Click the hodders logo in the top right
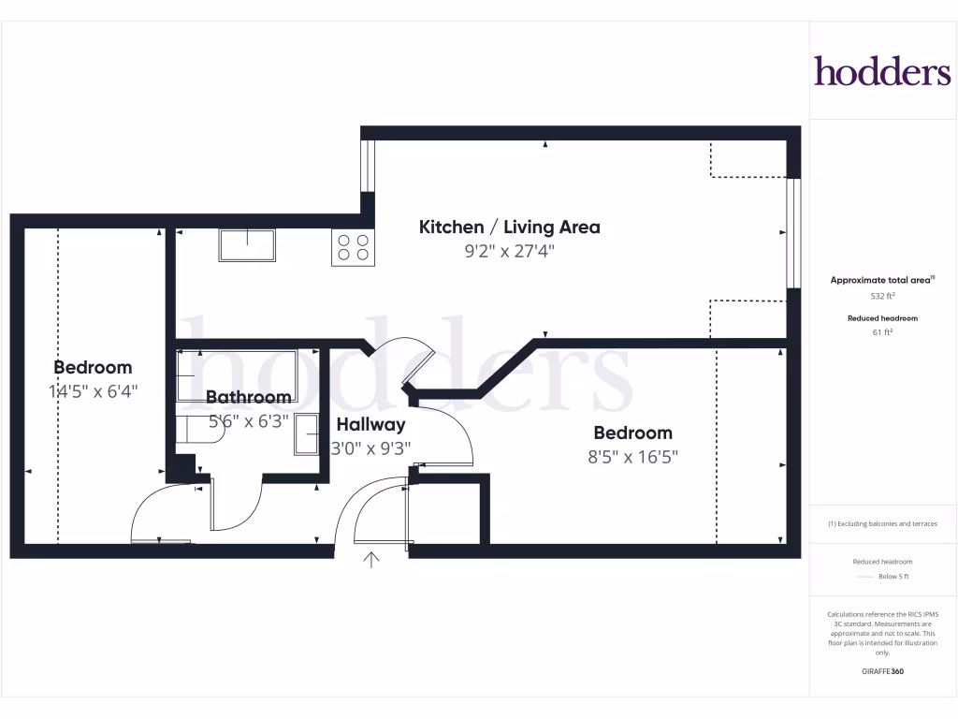click(x=881, y=71)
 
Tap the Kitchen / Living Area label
click(x=509, y=227)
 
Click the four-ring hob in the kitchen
click(x=353, y=248)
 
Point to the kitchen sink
click(x=248, y=245)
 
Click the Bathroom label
click(x=249, y=397)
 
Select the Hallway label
click(x=371, y=424)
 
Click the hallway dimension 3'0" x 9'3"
click(x=371, y=448)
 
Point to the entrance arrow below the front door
click(x=371, y=561)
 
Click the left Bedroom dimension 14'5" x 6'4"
click(x=93, y=391)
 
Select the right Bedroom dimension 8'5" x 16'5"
click(x=633, y=457)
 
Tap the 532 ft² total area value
click(x=882, y=296)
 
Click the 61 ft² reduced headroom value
click(x=882, y=331)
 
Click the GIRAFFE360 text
click(x=882, y=671)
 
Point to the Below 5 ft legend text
click(x=893, y=577)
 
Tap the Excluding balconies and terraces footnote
click(x=882, y=524)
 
